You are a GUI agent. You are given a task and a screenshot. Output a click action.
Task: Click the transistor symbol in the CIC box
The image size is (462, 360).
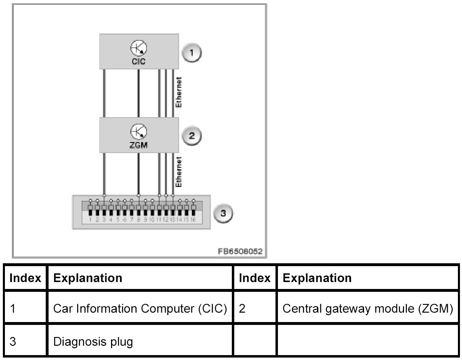click(139, 48)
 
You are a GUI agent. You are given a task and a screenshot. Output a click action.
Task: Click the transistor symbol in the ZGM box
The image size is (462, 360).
click(139, 132)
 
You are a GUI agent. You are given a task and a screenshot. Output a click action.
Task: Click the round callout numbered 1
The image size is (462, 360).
click(192, 53)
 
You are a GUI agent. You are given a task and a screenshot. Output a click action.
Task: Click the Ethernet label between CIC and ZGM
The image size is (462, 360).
click(178, 92)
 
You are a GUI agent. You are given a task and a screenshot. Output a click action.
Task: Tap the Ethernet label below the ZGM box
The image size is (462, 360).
click(178, 172)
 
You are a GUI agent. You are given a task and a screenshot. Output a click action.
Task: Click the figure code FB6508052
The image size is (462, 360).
click(240, 251)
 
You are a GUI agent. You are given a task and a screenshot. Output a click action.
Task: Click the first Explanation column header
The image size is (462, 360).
click(88, 278)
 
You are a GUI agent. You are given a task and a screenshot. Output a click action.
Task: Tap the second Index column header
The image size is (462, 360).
click(254, 278)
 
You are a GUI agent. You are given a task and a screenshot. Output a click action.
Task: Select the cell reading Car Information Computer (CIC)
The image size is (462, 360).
click(140, 309)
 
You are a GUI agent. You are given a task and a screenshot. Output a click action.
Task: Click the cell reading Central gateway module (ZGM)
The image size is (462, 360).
click(367, 309)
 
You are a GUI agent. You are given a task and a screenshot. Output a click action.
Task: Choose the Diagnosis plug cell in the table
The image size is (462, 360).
click(93, 341)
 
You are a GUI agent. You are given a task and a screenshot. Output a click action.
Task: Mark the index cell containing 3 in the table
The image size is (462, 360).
click(13, 341)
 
